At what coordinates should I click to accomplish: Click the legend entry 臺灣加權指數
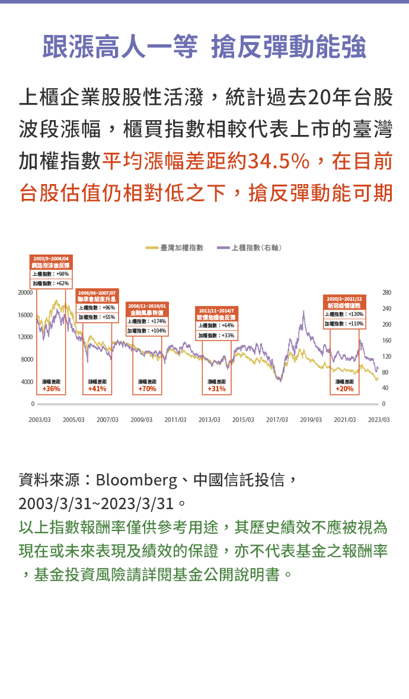181,247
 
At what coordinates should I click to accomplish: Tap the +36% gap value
51,389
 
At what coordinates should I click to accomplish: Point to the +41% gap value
97,389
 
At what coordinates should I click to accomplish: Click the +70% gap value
147,389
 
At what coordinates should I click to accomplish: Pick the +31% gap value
216,389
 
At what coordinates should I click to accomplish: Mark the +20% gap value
344,389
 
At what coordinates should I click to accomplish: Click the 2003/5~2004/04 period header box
51,262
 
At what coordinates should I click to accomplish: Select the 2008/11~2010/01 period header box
147,308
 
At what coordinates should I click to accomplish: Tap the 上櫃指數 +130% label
344,314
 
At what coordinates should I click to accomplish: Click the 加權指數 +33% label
216,335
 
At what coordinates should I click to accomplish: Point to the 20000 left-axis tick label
25,292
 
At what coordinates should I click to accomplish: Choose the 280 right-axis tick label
387,292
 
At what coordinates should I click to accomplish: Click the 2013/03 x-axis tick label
209,420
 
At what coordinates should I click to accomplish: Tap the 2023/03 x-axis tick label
378,420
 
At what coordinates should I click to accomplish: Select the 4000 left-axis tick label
27,382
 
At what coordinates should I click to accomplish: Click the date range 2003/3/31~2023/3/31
97,504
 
